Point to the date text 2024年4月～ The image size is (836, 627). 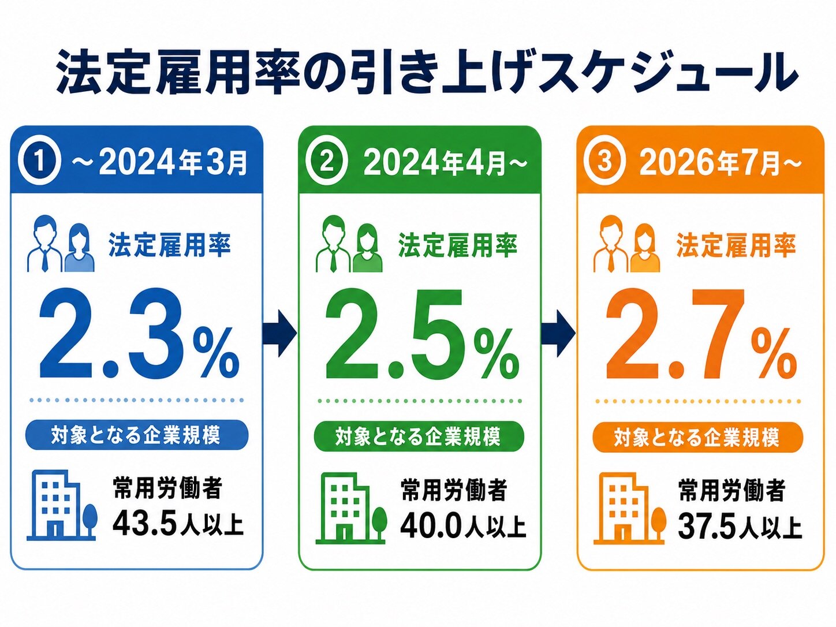pyautogui.click(x=445, y=163)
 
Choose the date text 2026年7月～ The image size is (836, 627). pyautogui.click(x=721, y=163)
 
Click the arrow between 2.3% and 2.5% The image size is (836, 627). pyautogui.click(x=279, y=333)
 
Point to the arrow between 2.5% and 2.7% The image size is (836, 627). pyautogui.click(x=558, y=333)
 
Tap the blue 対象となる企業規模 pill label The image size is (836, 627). pyautogui.click(x=137, y=435)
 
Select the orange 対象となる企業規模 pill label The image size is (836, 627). pyautogui.click(x=698, y=437)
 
